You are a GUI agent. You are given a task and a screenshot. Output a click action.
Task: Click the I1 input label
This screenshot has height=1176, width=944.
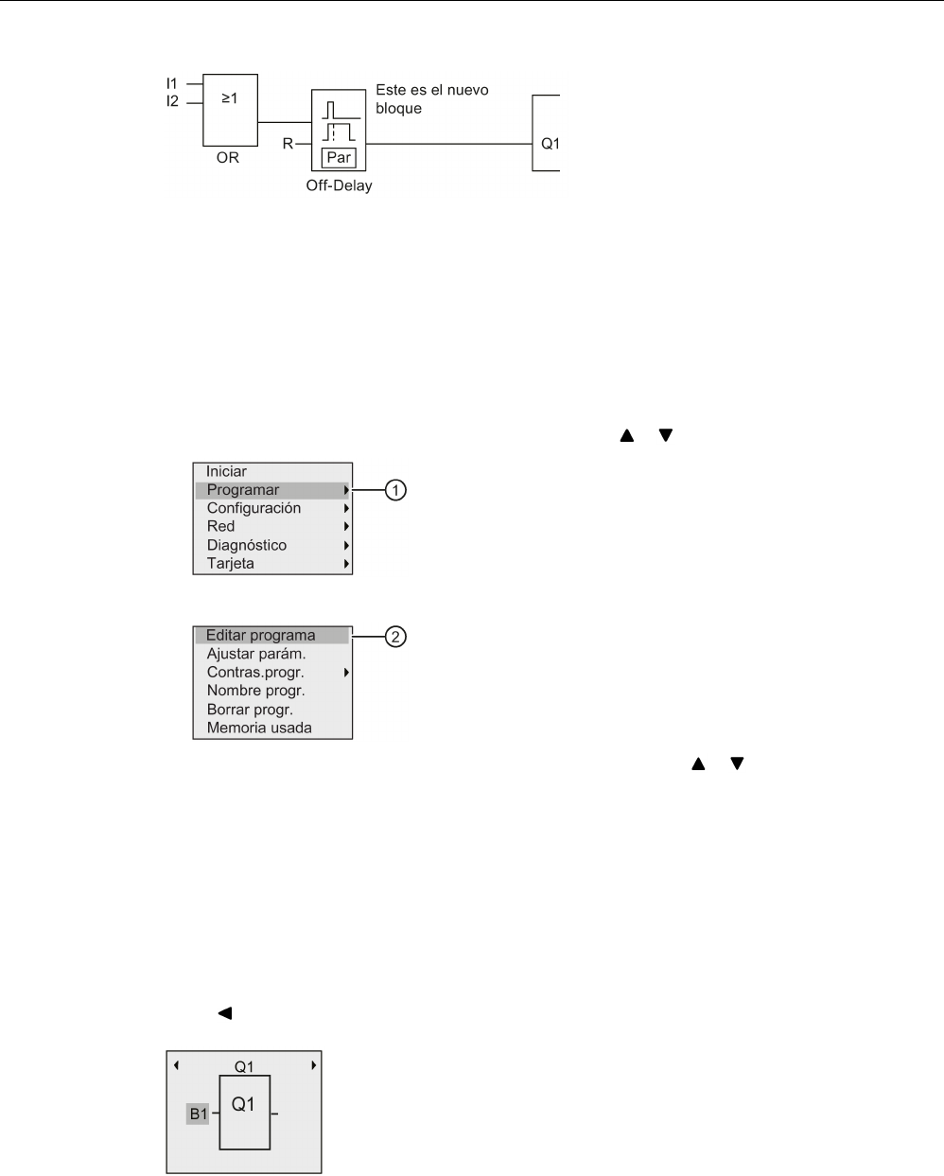[x=171, y=84]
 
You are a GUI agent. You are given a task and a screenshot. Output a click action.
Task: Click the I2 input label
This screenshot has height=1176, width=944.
[x=171, y=101]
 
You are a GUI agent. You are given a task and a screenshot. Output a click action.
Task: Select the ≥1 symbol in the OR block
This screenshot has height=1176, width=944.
[x=229, y=98]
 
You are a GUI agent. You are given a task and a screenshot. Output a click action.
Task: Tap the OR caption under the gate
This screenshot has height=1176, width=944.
[x=228, y=157]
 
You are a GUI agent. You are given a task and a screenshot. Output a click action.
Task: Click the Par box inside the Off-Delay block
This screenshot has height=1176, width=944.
[x=339, y=158]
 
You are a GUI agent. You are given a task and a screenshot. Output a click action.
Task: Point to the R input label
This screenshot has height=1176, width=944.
[x=288, y=145]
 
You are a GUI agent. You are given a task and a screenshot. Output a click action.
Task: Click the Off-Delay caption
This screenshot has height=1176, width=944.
[x=339, y=185]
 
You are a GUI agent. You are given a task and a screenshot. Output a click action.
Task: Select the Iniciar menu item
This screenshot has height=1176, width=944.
[x=226, y=471]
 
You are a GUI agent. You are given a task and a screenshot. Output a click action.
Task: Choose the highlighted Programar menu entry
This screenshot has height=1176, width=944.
[x=243, y=490]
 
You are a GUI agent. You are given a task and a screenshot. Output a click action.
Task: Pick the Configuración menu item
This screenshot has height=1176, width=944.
[x=253, y=508]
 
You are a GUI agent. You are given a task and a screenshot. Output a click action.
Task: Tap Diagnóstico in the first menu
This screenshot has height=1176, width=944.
[x=246, y=545]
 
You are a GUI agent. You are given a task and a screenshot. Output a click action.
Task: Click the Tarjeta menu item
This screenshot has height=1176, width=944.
[x=230, y=563]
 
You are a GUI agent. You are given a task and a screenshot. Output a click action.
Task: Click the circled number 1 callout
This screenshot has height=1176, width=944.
[x=396, y=490]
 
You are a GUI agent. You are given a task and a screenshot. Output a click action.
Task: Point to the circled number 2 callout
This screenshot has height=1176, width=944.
[x=396, y=637]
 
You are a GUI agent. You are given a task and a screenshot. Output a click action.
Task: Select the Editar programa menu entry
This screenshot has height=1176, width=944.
[x=260, y=636]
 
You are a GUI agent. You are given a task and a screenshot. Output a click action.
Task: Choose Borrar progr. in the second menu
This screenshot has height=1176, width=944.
[x=250, y=710]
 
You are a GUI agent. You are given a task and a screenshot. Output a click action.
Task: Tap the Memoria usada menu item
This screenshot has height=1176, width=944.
[x=258, y=728]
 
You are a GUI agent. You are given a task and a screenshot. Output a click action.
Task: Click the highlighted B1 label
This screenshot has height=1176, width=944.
[x=198, y=1115]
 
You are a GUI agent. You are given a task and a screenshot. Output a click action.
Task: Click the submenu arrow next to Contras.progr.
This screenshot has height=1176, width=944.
[x=347, y=673]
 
